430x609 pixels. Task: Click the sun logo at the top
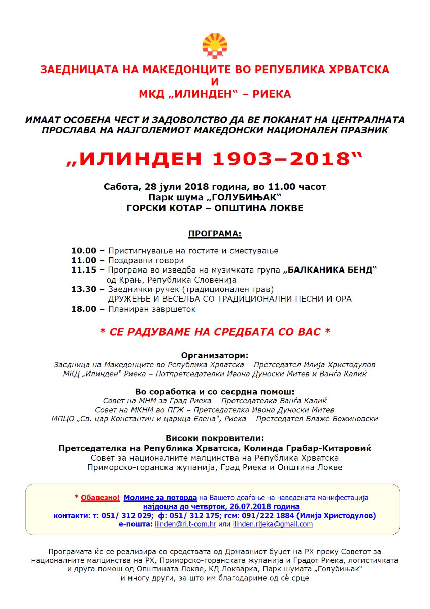215,46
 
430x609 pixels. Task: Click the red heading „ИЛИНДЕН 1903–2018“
215,159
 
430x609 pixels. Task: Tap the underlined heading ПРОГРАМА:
215,234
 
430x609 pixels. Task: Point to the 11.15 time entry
84,270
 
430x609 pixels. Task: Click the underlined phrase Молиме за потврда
160,498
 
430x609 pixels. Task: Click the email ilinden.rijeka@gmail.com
273,524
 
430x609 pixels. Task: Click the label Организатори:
215,355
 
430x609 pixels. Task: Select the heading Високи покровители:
215,438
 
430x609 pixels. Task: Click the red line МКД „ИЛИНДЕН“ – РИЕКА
215,94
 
